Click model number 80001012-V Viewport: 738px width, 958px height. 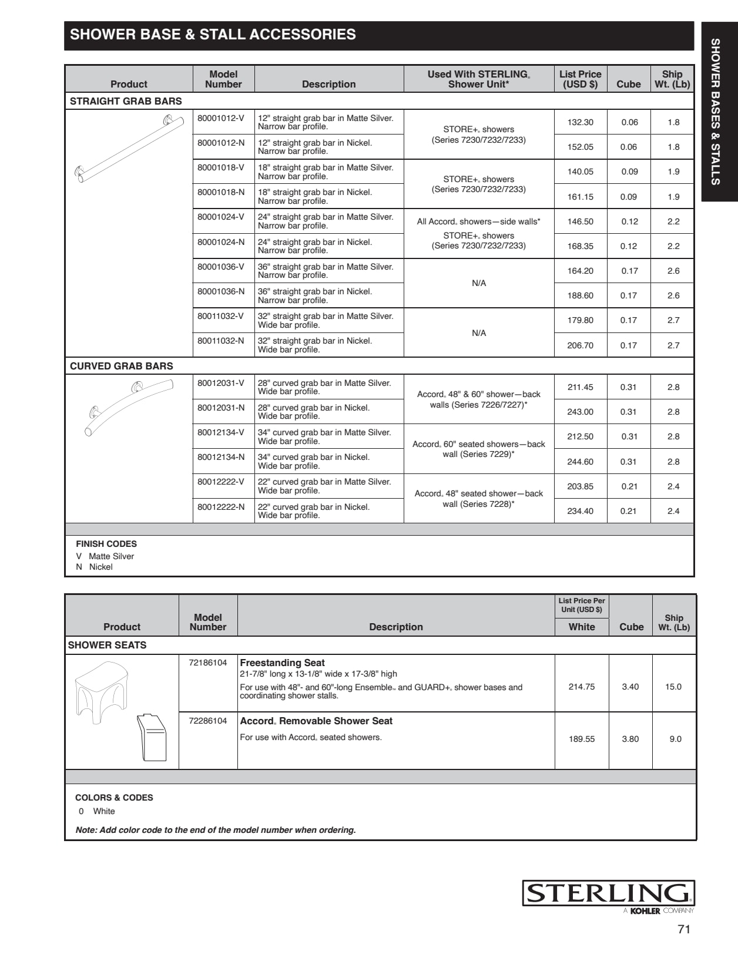click(x=220, y=118)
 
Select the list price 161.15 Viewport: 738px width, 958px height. click(x=580, y=197)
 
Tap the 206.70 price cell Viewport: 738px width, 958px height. click(x=580, y=345)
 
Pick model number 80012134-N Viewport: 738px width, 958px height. click(x=221, y=457)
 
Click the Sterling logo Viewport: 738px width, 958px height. click(x=608, y=893)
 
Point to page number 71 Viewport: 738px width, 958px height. click(x=684, y=929)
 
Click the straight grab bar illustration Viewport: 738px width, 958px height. click(x=129, y=148)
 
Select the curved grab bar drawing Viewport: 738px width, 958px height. click(x=129, y=406)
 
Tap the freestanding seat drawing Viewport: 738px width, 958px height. click(x=102, y=691)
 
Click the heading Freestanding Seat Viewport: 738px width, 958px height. click(x=282, y=663)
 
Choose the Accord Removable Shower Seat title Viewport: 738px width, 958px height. click(x=316, y=721)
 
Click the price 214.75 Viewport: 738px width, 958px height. click(x=581, y=687)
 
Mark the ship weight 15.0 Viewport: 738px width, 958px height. click(x=673, y=687)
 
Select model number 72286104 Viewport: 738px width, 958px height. click(x=207, y=721)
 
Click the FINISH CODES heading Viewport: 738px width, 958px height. click(x=106, y=544)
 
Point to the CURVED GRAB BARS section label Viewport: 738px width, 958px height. click(x=122, y=366)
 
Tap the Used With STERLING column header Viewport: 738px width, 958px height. click(x=478, y=79)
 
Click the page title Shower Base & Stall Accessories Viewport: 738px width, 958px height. click(x=213, y=35)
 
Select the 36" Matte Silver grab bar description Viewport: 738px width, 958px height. click(x=325, y=271)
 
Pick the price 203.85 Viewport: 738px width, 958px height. click(x=580, y=486)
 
